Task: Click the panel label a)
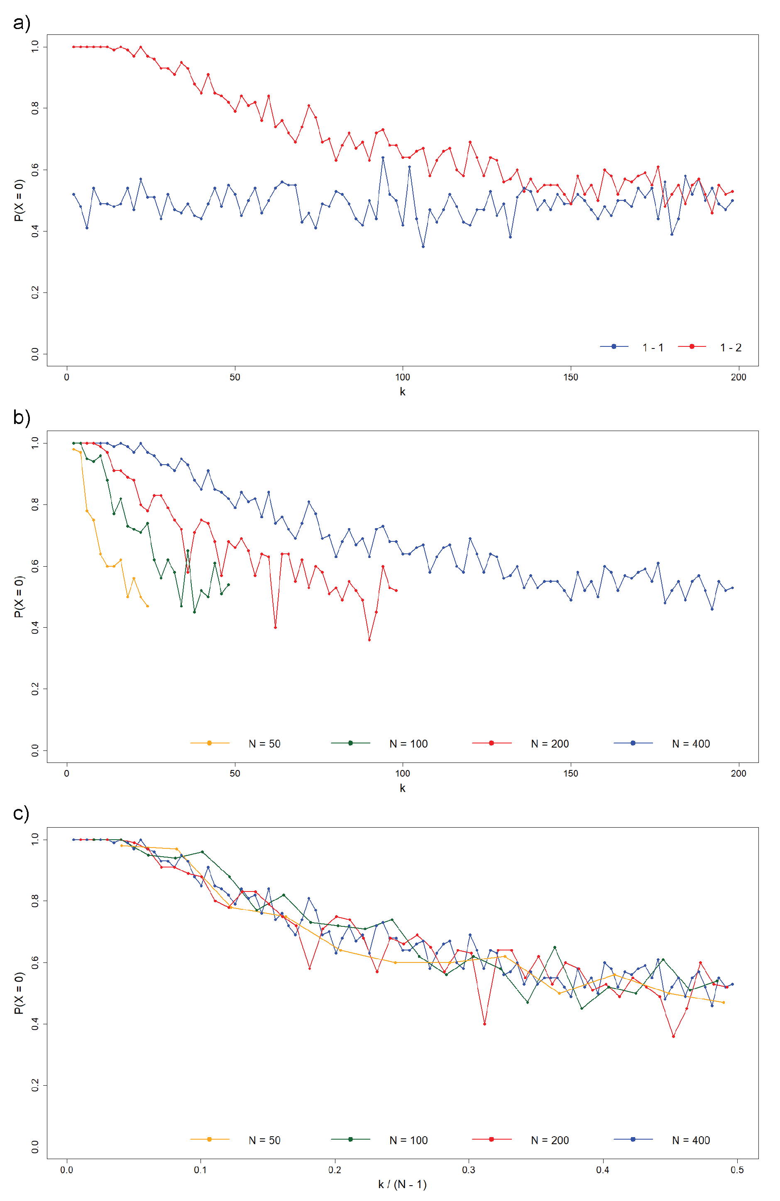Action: pos(21,23)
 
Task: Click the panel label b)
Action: pos(21,417)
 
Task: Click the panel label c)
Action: pos(21,814)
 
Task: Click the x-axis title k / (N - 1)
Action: pos(402,1184)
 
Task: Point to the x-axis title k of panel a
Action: pos(402,392)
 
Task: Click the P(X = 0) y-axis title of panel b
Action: pos(19,597)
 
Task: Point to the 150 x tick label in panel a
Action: pos(570,377)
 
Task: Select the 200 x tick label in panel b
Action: pos(738,773)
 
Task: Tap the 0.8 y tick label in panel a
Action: pos(34,108)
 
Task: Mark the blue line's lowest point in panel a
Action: pos(423,247)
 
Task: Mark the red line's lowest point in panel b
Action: pos(369,640)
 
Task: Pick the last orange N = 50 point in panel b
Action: pos(147,606)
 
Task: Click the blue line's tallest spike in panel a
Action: pos(383,158)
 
